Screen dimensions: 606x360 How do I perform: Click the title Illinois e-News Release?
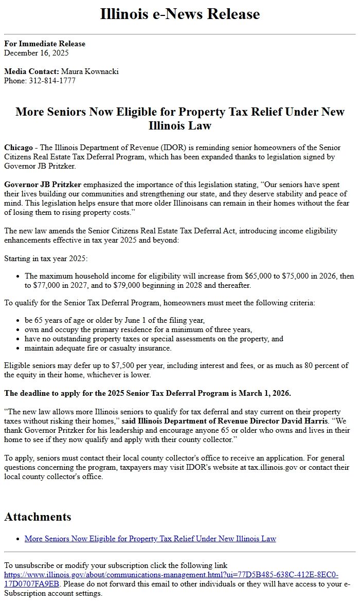180,14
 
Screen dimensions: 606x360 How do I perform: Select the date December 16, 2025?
36,52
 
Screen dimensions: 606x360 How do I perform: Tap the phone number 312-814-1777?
51,81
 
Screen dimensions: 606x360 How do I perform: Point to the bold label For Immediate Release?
45,44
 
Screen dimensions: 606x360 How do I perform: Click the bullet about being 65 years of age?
114,320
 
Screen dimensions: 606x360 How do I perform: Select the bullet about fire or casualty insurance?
98,348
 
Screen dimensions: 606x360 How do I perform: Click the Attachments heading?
38,517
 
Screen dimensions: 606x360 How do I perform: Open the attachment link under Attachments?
150,539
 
